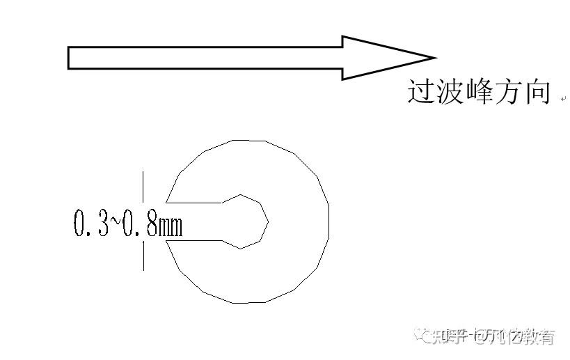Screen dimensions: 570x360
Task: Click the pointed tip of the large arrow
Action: point(434,58)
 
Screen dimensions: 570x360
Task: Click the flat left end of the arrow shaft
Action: point(68,58)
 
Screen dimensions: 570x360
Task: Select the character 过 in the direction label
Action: point(420,92)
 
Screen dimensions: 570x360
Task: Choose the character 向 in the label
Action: point(537,92)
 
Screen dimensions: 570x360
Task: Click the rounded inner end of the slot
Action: point(267,221)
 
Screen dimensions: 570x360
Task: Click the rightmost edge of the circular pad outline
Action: point(328,221)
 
